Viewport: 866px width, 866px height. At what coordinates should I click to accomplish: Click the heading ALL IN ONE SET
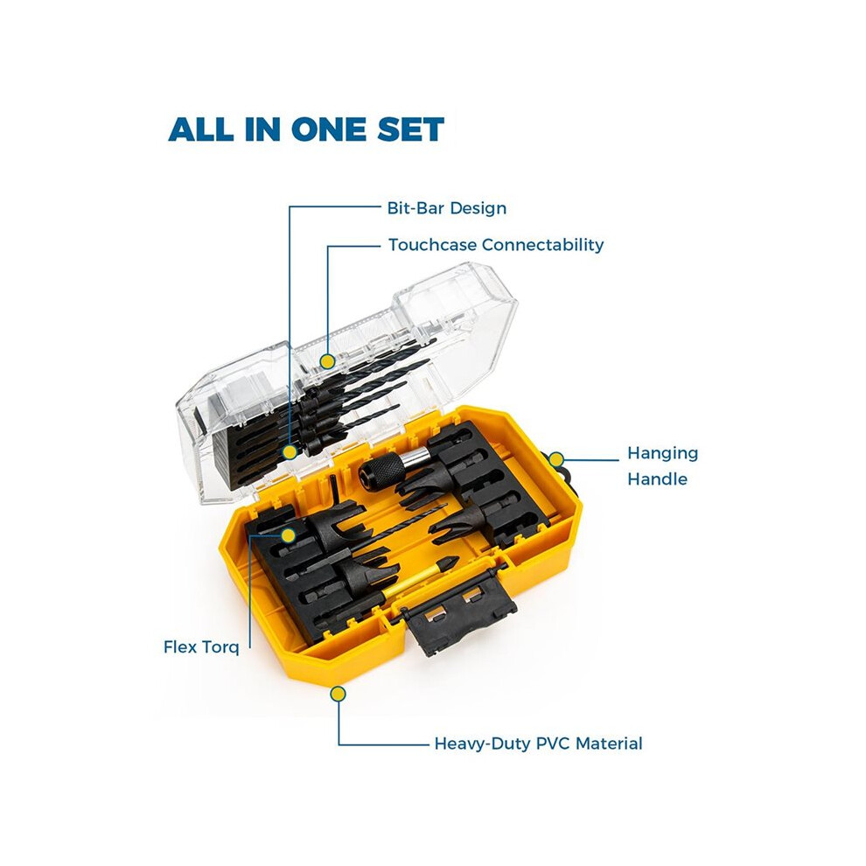tap(306, 129)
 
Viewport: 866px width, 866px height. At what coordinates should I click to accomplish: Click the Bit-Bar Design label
tap(446, 208)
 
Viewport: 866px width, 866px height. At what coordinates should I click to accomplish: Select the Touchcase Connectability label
tap(495, 245)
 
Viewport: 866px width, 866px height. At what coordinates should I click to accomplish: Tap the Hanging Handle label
tap(662, 465)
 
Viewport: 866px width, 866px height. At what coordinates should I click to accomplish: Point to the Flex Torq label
tap(201, 646)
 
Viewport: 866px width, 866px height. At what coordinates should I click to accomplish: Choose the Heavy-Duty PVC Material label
tap(538, 744)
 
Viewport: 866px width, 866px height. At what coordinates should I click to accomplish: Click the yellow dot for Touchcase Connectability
tap(327, 361)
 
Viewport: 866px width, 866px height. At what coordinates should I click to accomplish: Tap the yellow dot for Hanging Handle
tap(556, 459)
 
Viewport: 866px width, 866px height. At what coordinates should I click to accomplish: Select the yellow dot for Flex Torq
tap(288, 534)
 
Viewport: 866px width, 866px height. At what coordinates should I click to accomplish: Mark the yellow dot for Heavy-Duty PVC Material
tap(338, 694)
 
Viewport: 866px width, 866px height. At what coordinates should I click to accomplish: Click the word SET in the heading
tap(410, 129)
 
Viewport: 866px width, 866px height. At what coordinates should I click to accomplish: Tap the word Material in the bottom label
tap(609, 744)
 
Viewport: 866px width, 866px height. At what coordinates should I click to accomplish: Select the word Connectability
tap(542, 245)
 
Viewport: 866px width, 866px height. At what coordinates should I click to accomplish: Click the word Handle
tap(657, 478)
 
